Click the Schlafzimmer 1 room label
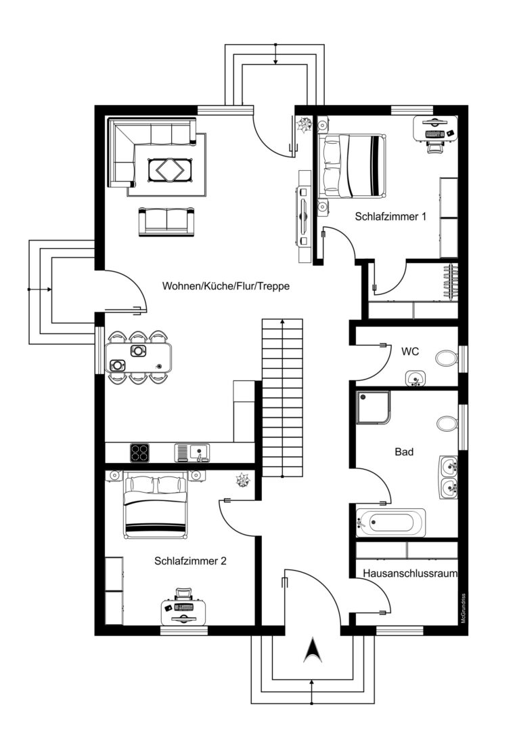(390, 217)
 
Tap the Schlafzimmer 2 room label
(190, 561)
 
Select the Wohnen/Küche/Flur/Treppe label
(225, 286)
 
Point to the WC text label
(410, 352)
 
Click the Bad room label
(404, 451)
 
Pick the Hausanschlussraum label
(410, 573)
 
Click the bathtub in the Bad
(390, 523)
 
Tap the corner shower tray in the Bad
(374, 407)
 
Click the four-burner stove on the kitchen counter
(140, 452)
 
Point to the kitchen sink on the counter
(192, 452)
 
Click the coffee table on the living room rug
(170, 169)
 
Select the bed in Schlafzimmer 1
(352, 166)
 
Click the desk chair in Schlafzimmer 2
(183, 594)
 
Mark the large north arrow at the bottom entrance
(313, 651)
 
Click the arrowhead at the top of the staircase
(282, 321)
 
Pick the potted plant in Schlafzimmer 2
(242, 480)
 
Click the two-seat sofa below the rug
(167, 222)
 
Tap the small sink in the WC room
(415, 378)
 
